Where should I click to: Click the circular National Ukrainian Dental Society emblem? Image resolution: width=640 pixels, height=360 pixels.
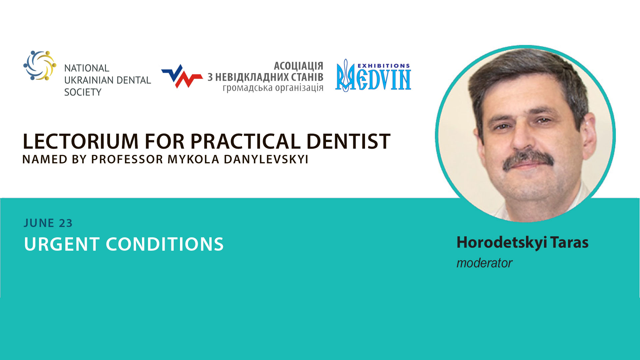tap(40, 65)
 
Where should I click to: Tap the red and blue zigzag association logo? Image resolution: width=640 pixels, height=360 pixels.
tap(182, 76)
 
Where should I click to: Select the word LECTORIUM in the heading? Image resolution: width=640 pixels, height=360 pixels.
tap(80, 141)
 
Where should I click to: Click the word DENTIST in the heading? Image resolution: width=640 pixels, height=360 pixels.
tap(348, 141)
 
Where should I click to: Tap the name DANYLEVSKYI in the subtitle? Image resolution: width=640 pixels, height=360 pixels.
tap(266, 159)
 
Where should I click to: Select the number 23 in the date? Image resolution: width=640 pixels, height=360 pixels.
tap(66, 223)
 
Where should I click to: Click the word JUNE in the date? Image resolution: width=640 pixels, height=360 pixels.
tap(39, 223)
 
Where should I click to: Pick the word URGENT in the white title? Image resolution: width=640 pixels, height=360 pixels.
tap(62, 244)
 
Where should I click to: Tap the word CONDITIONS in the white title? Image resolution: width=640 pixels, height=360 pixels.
tap(165, 244)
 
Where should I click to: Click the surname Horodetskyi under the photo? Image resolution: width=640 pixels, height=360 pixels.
tap(502, 243)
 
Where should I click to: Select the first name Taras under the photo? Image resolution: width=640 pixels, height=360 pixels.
tap(569, 242)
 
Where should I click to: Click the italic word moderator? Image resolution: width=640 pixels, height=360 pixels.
tap(484, 263)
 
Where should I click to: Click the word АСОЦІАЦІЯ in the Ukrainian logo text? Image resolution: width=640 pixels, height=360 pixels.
tap(299, 66)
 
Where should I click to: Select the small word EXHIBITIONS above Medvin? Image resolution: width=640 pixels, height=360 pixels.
tap(384, 66)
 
